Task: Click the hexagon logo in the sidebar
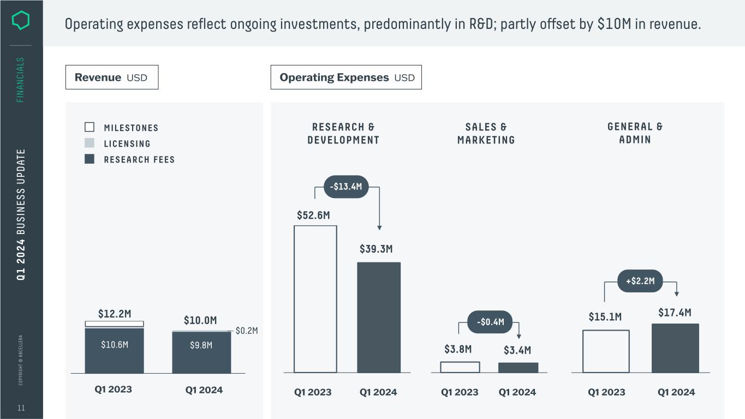point(21,21)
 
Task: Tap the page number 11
point(21,408)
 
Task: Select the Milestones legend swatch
point(90,127)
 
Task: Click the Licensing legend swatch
point(90,143)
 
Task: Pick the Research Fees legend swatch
point(90,159)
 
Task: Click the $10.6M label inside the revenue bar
point(115,345)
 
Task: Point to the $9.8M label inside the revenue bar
point(201,345)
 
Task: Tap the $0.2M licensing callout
point(246,331)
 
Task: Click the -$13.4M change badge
point(346,187)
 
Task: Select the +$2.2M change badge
point(640,281)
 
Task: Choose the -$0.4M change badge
point(490,322)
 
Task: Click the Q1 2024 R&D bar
point(379,318)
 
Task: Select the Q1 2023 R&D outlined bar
point(315,299)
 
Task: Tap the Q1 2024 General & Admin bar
point(675,348)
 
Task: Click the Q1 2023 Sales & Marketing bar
point(460,367)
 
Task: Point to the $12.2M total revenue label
point(115,314)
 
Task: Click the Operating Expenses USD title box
point(346,77)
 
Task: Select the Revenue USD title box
point(112,77)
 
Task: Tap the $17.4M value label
point(675,313)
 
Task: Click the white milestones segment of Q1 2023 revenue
point(115,324)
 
